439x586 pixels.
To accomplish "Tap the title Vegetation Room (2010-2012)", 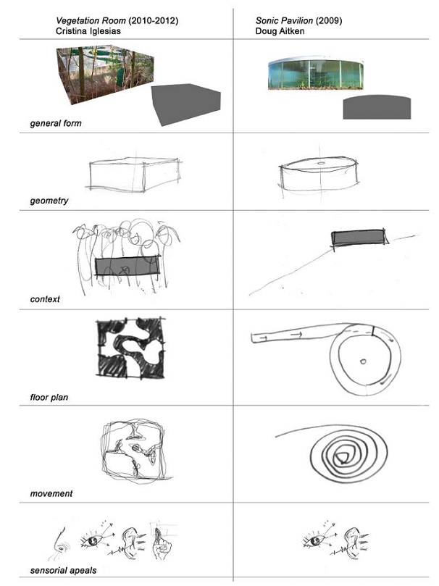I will [117, 20].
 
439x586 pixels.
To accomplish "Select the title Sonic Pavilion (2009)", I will [304, 20].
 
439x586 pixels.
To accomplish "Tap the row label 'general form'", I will [56, 123].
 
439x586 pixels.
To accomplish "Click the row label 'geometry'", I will [49, 200].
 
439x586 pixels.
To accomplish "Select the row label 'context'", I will [45, 298].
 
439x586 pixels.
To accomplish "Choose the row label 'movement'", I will [51, 494].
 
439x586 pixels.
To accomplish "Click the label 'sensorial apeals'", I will [64, 570].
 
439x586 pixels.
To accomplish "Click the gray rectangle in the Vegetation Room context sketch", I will [127, 266].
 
